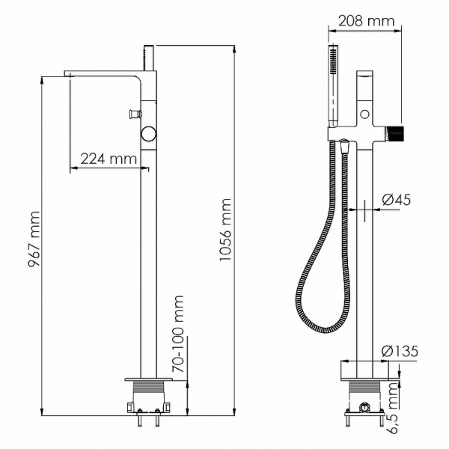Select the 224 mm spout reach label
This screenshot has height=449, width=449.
point(108,159)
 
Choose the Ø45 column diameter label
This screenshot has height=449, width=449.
point(396,200)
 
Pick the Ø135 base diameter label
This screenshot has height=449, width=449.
point(398,352)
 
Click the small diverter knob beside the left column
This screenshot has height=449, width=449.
point(133,114)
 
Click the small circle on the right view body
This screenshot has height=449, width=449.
point(364,114)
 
